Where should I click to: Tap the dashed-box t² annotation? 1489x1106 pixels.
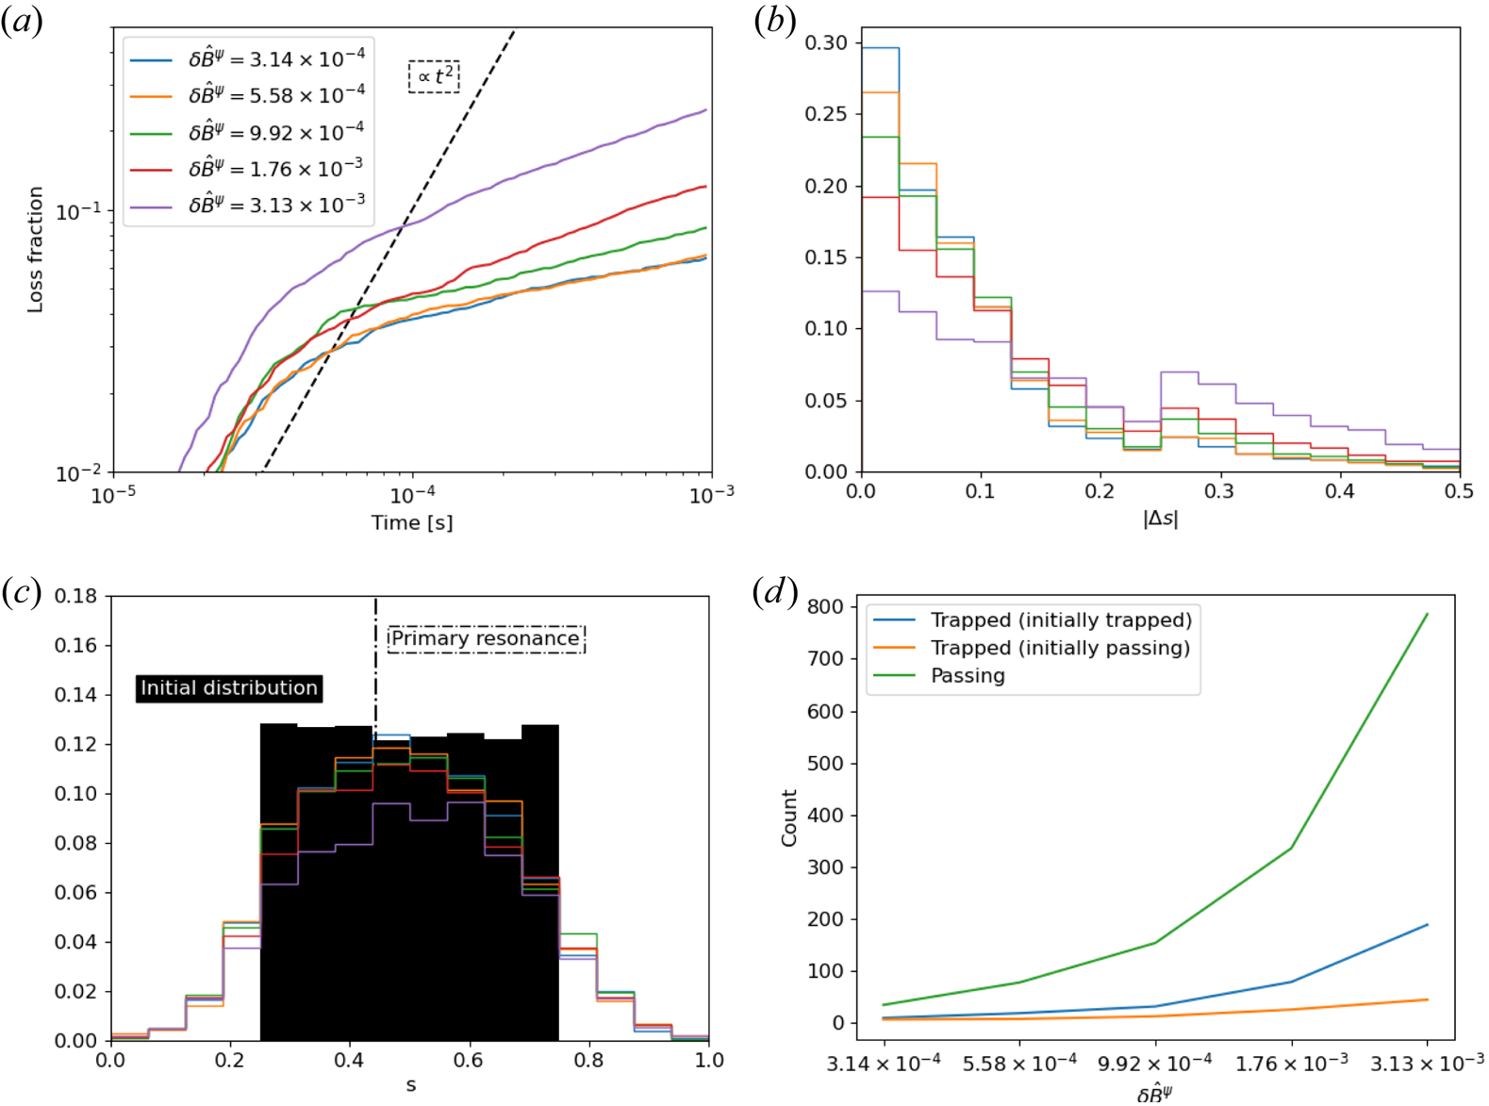434,76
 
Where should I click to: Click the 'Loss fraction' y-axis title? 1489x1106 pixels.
35,249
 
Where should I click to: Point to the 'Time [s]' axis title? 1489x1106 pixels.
411,522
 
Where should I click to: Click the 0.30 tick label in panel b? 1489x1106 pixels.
826,42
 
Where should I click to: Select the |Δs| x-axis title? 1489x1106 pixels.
1160,519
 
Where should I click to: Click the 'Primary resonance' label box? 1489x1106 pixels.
486,638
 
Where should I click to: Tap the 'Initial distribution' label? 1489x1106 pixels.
229,688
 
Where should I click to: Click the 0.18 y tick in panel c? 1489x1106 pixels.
75,596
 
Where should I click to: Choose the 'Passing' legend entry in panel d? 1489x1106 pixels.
968,675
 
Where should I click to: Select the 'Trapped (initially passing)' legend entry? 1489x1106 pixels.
1060,648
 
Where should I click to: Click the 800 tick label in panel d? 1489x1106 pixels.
826,606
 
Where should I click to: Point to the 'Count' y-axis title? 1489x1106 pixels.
789,817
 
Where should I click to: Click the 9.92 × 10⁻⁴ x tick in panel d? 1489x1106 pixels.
1155,1064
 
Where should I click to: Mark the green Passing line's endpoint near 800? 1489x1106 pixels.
1427,614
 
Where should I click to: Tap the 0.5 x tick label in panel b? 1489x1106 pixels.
1459,491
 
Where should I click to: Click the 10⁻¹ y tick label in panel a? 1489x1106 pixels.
79,211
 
